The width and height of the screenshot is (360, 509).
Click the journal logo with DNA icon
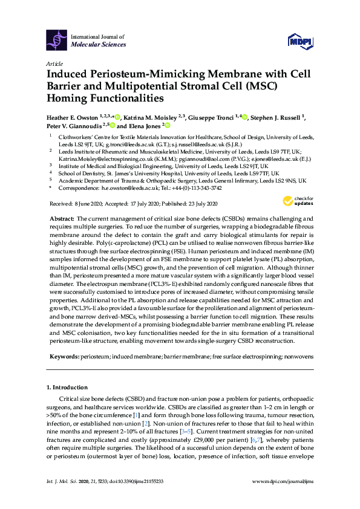57,41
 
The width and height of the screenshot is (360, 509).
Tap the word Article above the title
54,63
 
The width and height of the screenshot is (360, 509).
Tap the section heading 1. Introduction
67,387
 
